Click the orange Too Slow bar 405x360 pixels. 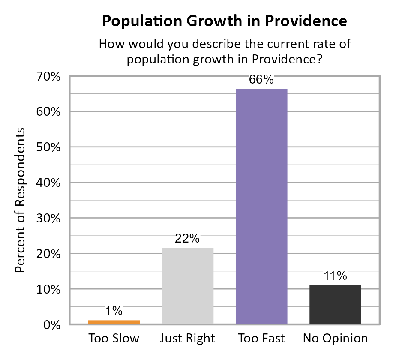(x=114, y=322)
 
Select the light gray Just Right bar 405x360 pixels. (x=187, y=286)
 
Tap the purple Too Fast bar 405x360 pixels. (x=261, y=207)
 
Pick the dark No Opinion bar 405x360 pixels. (x=335, y=305)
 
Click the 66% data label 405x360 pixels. (x=261, y=80)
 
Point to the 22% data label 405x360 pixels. (x=187, y=239)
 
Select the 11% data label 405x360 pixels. (x=335, y=276)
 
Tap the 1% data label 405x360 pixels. (x=114, y=311)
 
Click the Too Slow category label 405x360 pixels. (x=114, y=339)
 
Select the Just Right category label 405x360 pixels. (x=187, y=339)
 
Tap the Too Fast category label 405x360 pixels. (x=261, y=339)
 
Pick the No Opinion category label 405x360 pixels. (x=335, y=339)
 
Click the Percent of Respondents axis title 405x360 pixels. (x=21, y=200)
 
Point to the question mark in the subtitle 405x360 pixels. (x=319, y=59)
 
